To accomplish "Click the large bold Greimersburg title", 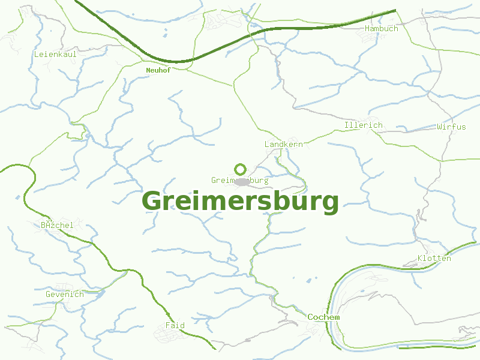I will [x=240, y=202].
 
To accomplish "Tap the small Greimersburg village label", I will [x=239, y=180].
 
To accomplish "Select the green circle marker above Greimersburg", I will [x=240, y=169].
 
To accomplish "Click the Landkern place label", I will [x=284, y=145].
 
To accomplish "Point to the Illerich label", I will [x=364, y=125].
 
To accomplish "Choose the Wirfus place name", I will [x=451, y=127].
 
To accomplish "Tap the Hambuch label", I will [x=382, y=28].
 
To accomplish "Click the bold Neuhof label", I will [x=158, y=70].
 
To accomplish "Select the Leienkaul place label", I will [x=55, y=54].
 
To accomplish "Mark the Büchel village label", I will [x=57, y=226].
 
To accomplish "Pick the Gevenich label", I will [x=65, y=295].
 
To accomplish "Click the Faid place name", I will [x=175, y=326].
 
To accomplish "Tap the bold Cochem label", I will [x=323, y=317].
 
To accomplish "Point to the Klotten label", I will [x=434, y=259].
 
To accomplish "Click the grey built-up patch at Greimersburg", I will [x=241, y=181].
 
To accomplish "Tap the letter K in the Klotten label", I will [x=421, y=259].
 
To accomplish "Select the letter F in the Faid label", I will [x=168, y=326].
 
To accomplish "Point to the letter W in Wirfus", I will [x=440, y=127].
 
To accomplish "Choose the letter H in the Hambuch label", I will [x=368, y=28].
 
